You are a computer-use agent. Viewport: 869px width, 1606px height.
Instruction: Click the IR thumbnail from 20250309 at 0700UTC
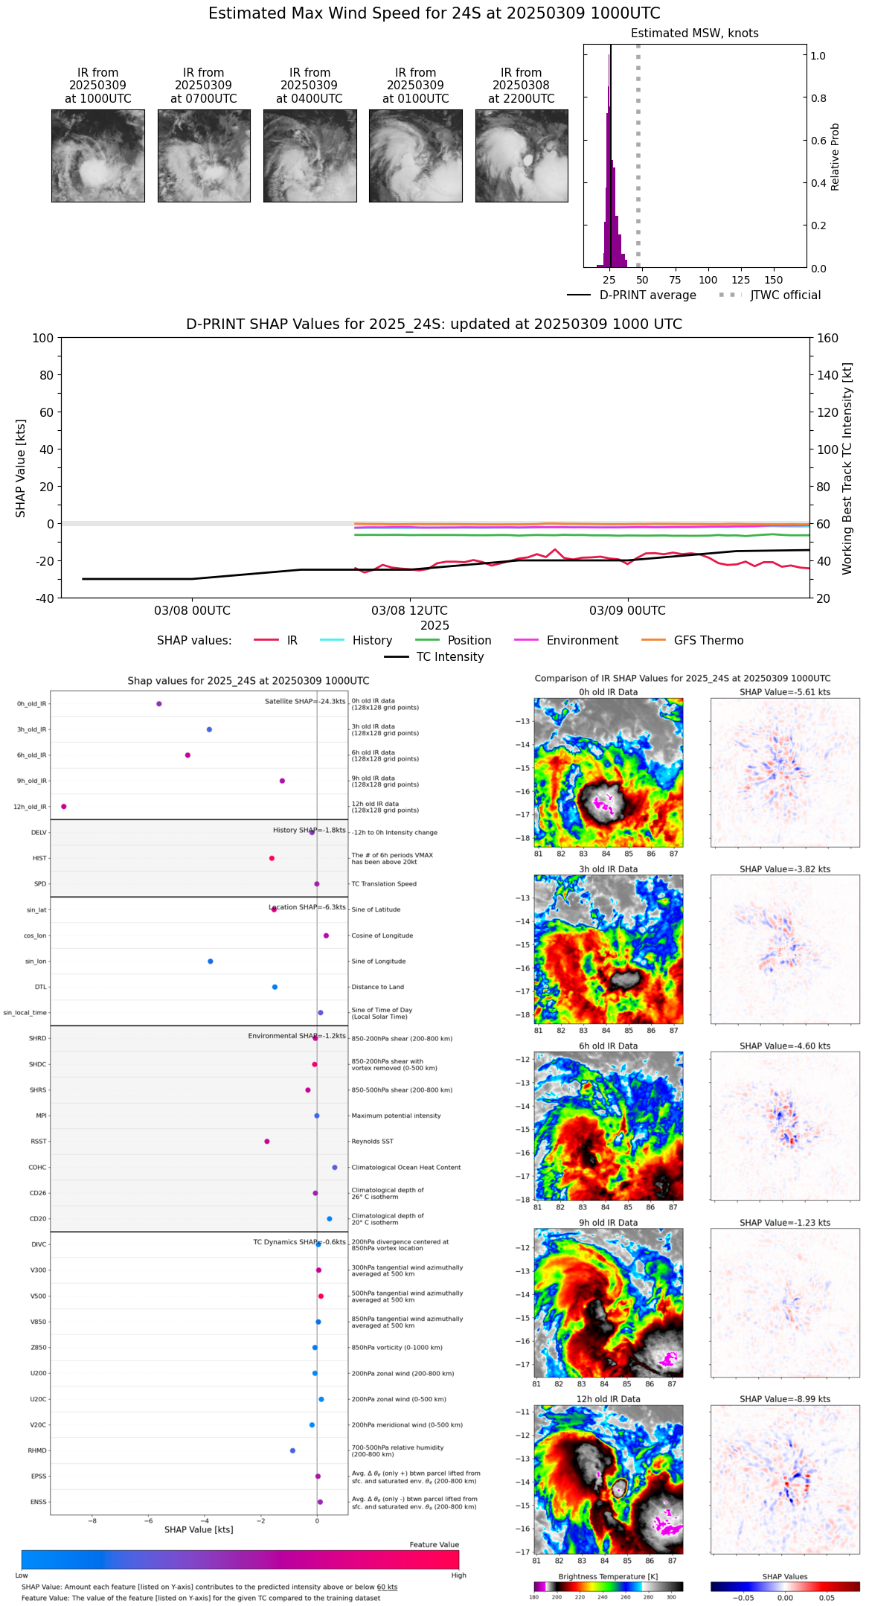tap(203, 156)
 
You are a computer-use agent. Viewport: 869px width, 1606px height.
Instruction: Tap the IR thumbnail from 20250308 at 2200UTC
tap(522, 156)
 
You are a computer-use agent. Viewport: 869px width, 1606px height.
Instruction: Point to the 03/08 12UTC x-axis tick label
tap(409, 611)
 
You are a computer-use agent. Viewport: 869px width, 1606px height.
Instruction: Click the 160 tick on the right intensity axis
tap(828, 338)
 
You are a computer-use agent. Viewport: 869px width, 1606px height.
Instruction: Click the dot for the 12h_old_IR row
tap(64, 807)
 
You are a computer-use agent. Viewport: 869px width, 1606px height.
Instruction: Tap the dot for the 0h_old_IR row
tap(159, 704)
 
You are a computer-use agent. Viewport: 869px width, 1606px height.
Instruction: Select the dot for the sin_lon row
tap(211, 962)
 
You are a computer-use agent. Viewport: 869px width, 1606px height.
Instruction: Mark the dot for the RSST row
tap(267, 1142)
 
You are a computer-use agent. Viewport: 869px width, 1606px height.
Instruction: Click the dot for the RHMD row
tap(292, 1450)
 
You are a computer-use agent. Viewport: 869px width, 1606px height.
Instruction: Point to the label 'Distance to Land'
tap(377, 987)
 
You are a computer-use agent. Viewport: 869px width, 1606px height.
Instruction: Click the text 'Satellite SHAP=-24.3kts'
tap(305, 702)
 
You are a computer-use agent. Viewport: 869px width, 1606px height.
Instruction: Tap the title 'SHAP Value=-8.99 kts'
tap(785, 1399)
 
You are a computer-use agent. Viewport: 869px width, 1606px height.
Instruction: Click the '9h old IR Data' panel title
tap(608, 1223)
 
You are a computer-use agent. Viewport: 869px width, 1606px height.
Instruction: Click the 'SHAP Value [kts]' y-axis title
tap(21, 468)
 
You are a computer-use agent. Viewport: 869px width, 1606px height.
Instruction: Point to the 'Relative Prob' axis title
tap(835, 156)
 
